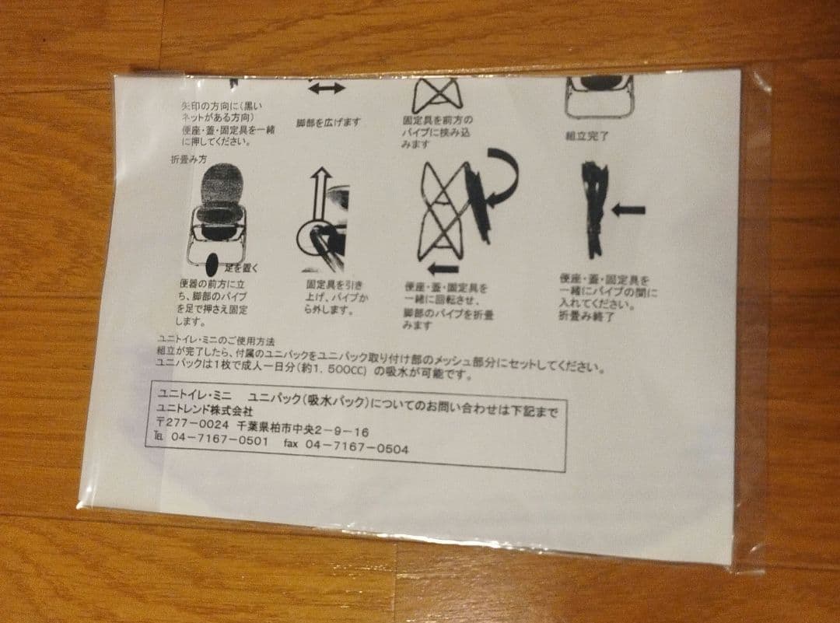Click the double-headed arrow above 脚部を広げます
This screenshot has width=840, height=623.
click(x=327, y=89)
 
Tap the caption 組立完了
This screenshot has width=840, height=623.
click(x=587, y=136)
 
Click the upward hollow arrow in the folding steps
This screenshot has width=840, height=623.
click(x=317, y=194)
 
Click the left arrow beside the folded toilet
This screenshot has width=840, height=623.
click(x=628, y=209)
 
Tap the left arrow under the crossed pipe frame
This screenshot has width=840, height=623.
click(x=443, y=268)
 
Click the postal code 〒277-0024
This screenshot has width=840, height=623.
click(x=192, y=426)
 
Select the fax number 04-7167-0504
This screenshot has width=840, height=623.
click(x=357, y=447)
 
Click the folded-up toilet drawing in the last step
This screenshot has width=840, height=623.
click(x=594, y=209)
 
